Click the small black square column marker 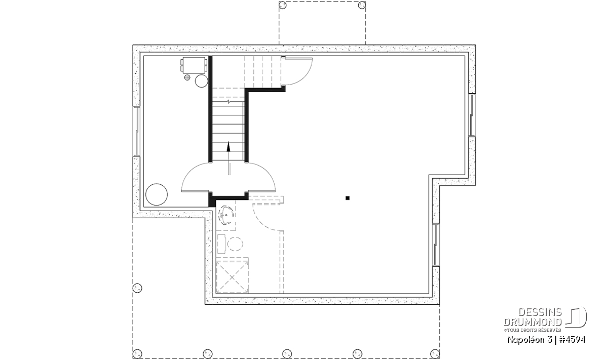[348, 198]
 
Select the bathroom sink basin [226, 215]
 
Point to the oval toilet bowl [235, 244]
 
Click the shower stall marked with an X [233, 277]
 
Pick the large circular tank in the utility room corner [157, 194]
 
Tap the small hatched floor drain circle [187, 77]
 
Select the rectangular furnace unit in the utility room [194, 65]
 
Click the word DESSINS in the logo [540, 312]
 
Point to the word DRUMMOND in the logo [533, 322]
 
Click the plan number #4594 [572, 340]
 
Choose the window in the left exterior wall [136, 132]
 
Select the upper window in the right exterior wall [472, 115]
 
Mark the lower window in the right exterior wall [436, 245]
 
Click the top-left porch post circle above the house [283, 5]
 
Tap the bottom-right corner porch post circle [435, 353]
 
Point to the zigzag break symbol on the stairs [229, 102]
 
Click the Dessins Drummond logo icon [576, 317]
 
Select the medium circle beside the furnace [202, 81]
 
